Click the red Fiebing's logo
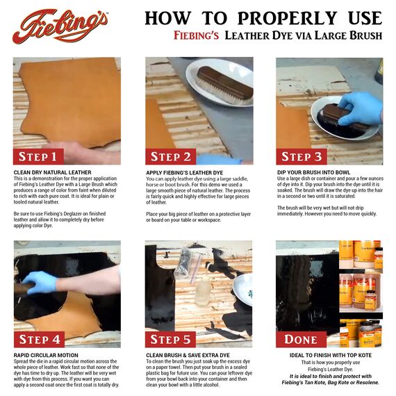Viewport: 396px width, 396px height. [60, 26]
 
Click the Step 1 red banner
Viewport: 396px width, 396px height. [43, 156]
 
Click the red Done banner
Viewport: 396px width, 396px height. [301, 339]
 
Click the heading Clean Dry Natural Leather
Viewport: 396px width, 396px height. [53, 172]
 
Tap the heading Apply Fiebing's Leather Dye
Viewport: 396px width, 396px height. [185, 172]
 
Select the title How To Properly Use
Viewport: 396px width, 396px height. [263, 18]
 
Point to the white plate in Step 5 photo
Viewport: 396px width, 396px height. [244, 289]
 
